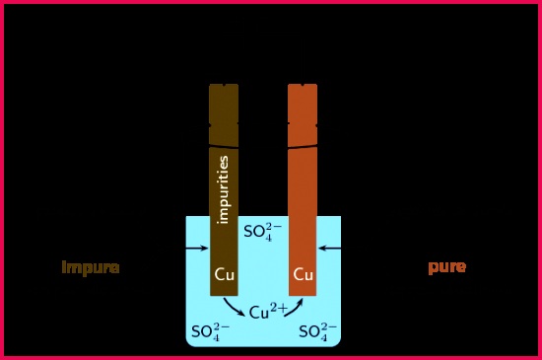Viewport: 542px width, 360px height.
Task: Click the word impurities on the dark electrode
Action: pos(224,189)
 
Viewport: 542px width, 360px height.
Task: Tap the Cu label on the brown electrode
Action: pos(225,274)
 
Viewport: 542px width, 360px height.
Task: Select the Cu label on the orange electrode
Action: pos(304,274)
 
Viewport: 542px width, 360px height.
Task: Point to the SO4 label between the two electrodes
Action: pos(263,232)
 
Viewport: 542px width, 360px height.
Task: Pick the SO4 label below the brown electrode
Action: pos(210,332)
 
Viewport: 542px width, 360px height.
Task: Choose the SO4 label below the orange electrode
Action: pos(317,332)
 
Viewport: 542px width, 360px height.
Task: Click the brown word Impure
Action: pos(91,268)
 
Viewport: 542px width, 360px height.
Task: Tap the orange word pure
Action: pos(447,267)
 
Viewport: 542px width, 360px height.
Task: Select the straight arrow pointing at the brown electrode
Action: pos(197,248)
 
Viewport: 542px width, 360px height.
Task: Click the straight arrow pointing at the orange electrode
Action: pos(329,248)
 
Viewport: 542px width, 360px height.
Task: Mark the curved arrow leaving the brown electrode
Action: pos(234,307)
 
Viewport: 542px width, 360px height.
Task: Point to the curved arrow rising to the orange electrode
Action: pos(295,308)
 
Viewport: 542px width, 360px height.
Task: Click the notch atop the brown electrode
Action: pos(224,85)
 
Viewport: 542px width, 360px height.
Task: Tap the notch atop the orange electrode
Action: pos(303,85)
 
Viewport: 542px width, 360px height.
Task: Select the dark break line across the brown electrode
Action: pos(224,147)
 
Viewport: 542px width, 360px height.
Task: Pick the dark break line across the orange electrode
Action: pos(303,148)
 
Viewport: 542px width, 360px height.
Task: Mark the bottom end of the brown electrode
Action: pos(224,296)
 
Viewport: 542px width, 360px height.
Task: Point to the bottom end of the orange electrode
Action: pos(303,296)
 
